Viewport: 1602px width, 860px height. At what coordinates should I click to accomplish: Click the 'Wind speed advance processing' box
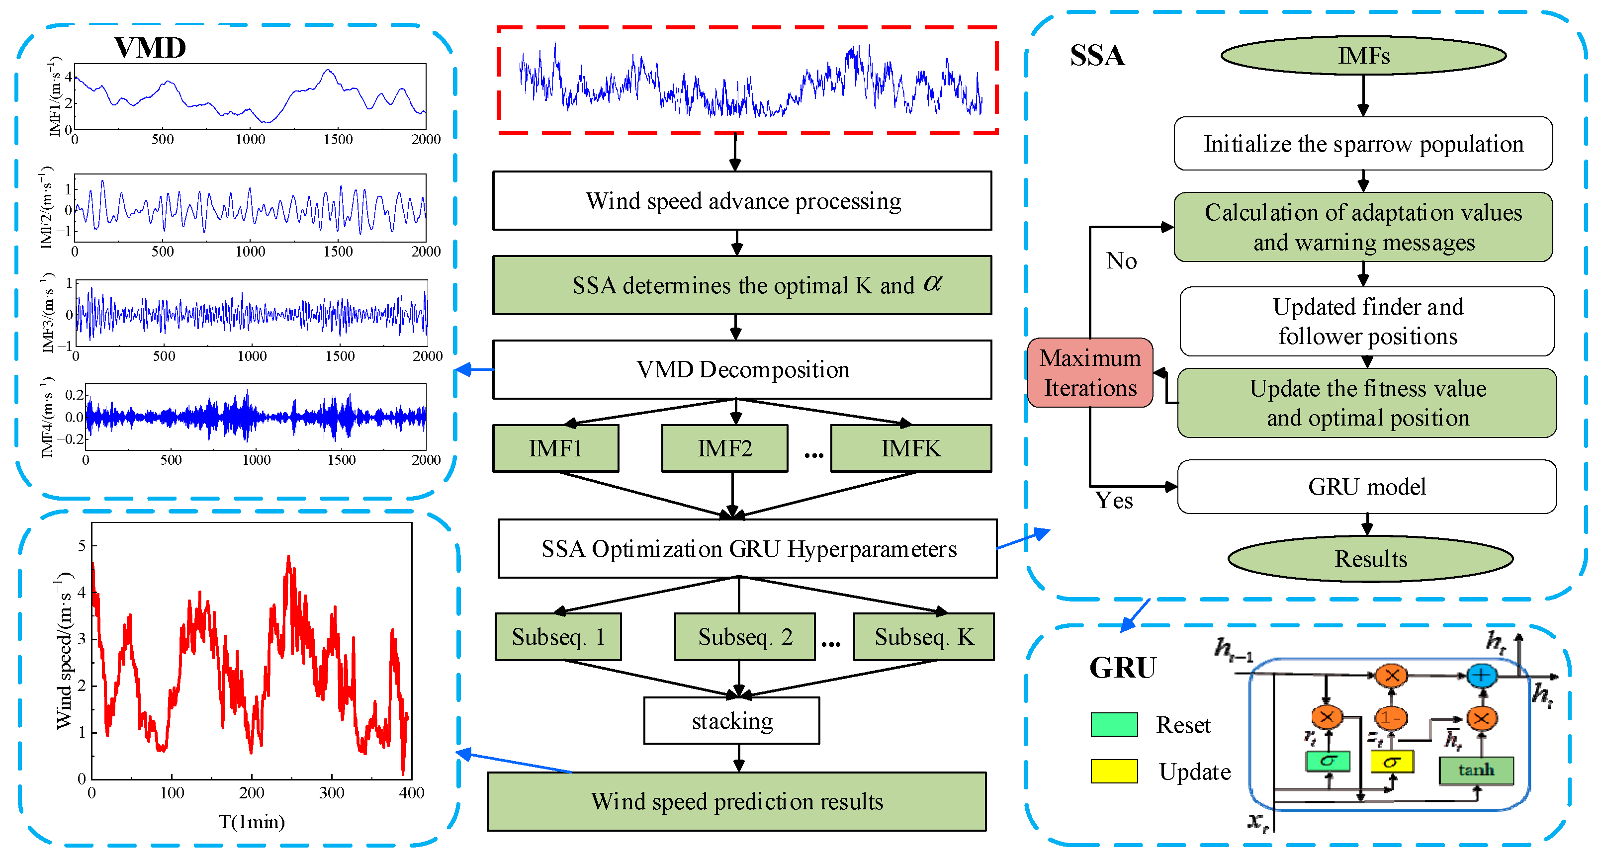click(742, 201)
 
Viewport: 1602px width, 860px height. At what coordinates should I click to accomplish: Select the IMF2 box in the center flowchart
click(724, 448)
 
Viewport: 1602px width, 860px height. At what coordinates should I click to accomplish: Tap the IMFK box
click(910, 448)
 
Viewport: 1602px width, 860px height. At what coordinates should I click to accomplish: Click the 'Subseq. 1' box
click(558, 637)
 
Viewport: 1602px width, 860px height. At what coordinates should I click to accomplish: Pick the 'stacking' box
click(732, 721)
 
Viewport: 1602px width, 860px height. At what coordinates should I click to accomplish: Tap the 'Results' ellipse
click(1371, 558)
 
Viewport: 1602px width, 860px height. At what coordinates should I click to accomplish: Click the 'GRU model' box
click(1367, 487)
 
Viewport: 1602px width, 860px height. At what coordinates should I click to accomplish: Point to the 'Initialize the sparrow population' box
click(1363, 144)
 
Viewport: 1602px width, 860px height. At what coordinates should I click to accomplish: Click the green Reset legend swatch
click(1114, 724)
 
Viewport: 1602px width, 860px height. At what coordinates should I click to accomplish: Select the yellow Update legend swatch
click(1114, 771)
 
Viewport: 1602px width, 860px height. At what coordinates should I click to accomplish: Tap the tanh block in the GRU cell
click(1476, 770)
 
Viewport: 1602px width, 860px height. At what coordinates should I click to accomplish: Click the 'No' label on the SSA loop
click(1121, 260)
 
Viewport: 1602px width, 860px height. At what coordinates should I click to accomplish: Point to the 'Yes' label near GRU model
click(1114, 501)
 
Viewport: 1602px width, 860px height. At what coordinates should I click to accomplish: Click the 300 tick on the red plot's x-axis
click(332, 793)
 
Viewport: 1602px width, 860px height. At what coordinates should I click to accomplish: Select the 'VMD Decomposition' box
click(742, 369)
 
